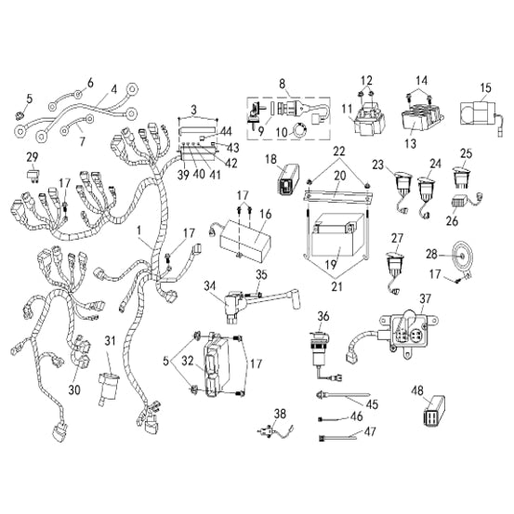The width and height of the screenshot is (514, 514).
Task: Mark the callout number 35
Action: coord(261,275)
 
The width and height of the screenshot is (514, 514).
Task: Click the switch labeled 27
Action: coord(394,262)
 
